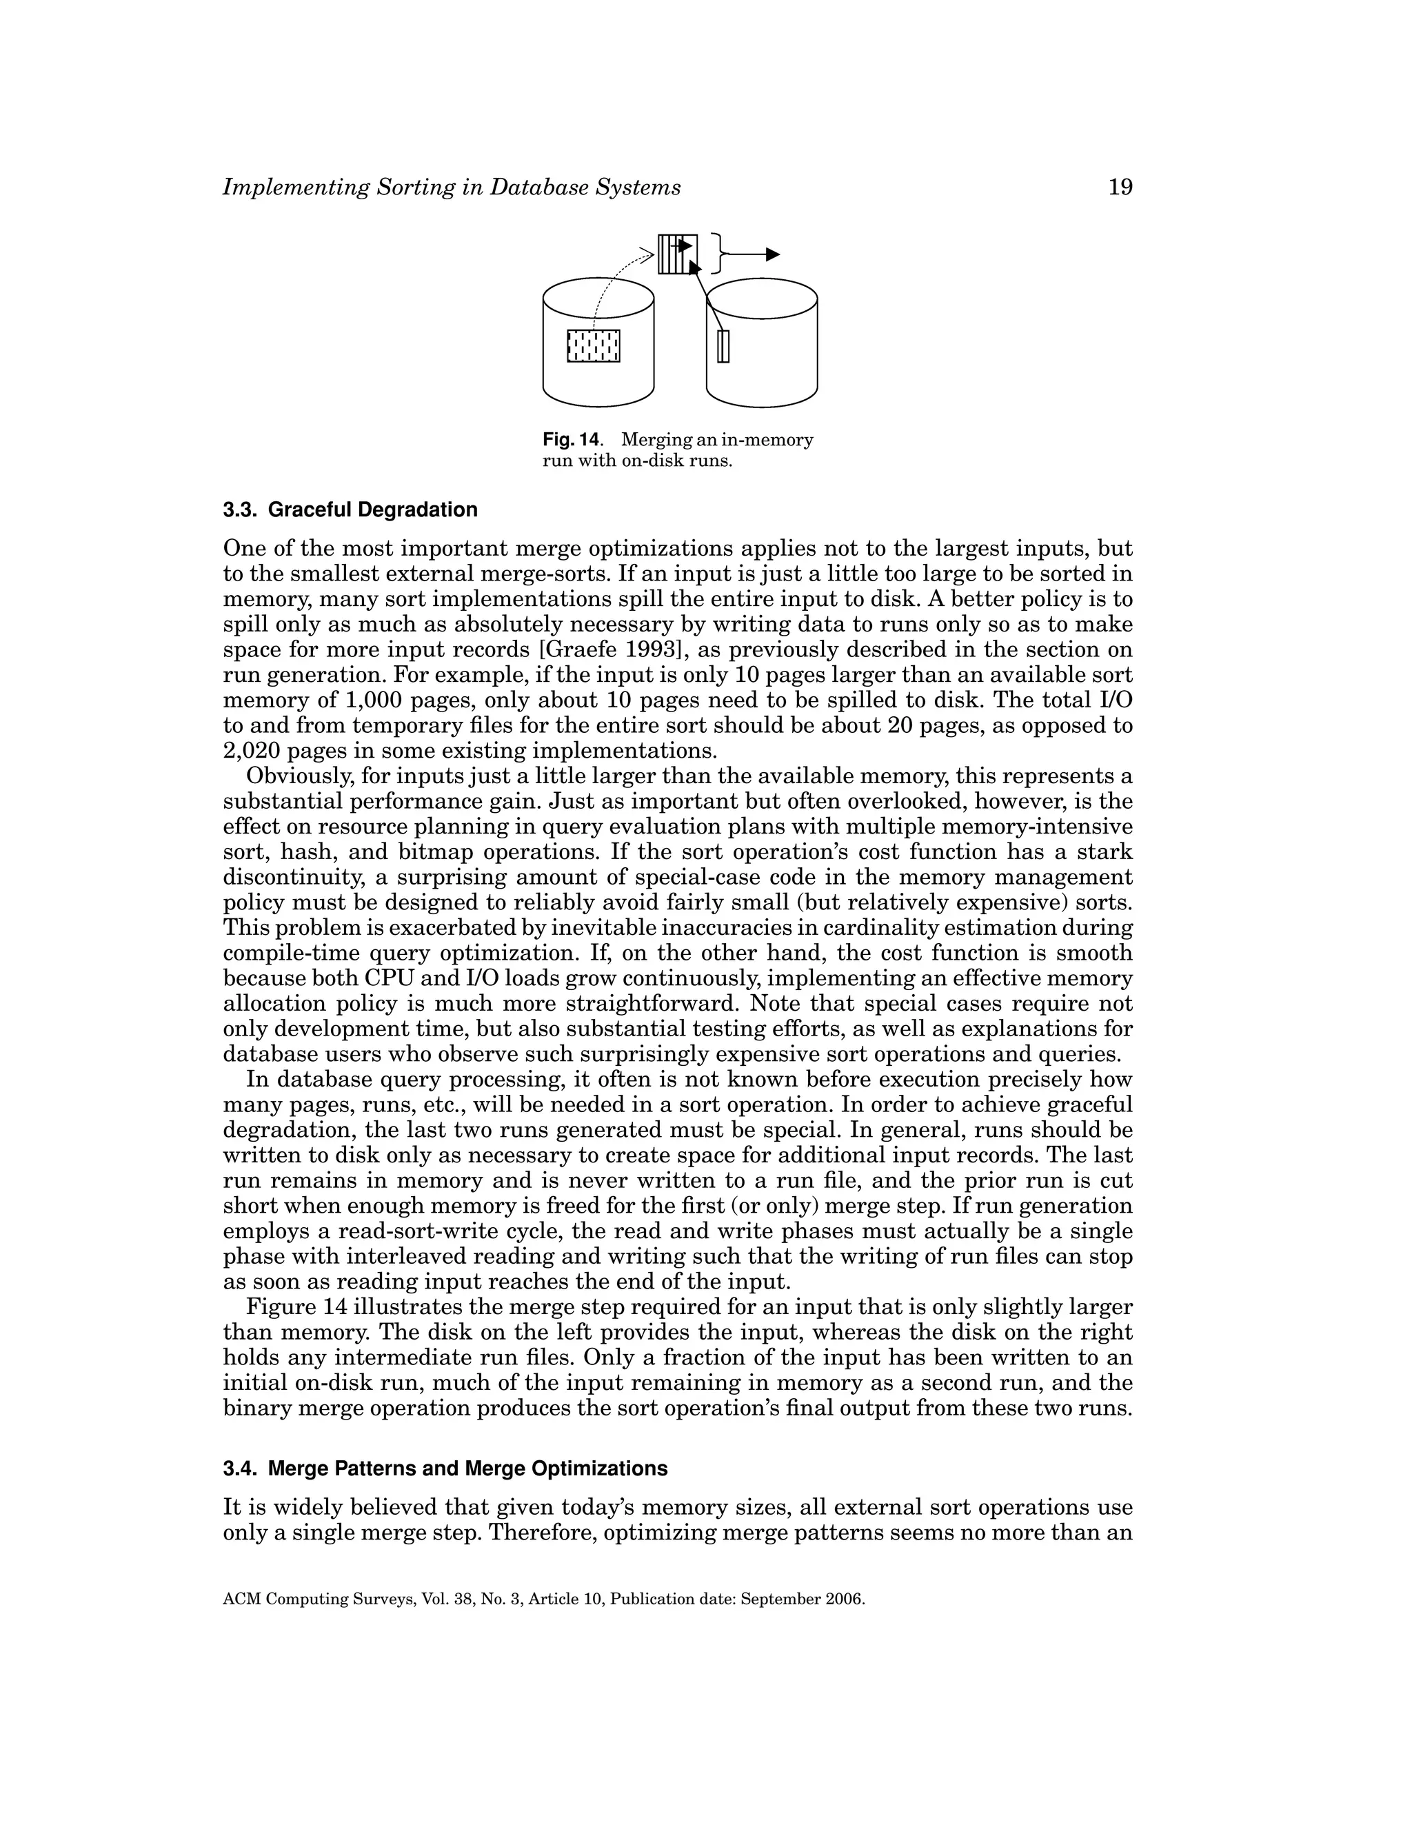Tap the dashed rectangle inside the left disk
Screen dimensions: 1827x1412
click(594, 345)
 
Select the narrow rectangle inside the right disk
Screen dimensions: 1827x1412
click(723, 346)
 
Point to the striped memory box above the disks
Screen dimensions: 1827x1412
click(677, 254)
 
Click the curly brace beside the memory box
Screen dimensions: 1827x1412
click(718, 254)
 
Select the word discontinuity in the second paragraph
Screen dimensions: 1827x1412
click(299, 878)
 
